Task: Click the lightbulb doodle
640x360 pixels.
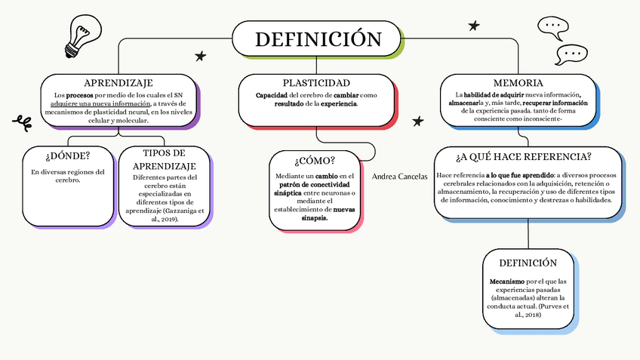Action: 78,37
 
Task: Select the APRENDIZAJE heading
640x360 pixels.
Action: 118,83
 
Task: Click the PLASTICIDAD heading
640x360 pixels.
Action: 316,83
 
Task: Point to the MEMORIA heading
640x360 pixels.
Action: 518,83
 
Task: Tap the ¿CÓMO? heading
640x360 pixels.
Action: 314,160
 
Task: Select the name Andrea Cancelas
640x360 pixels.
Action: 400,176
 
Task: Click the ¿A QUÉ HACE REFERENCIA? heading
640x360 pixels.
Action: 523,157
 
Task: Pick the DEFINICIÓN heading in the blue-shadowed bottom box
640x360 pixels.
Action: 528,263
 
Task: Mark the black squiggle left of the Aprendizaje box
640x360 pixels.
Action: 23,121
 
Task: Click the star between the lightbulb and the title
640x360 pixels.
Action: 200,56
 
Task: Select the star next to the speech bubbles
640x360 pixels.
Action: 474,26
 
